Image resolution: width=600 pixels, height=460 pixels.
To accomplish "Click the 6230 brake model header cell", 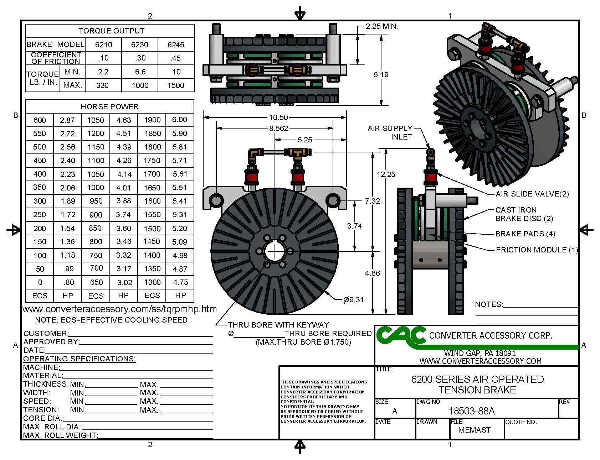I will [139, 45].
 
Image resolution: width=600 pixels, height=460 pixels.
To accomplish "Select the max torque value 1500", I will [176, 85].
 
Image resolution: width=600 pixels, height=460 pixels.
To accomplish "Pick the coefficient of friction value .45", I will [176, 58].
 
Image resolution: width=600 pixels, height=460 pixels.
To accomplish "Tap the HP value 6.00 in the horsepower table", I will [180, 120].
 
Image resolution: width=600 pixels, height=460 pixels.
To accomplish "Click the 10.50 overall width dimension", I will [278, 117].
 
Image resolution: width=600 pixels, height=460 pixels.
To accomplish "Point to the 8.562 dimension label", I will [278, 128].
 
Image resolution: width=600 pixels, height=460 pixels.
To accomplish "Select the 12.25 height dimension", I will [386, 174].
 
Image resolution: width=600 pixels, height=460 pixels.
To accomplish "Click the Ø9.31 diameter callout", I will [354, 300].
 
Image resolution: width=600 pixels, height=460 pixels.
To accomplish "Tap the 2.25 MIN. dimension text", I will [382, 26].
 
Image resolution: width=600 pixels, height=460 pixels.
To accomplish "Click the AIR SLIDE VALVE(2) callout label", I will [532, 194].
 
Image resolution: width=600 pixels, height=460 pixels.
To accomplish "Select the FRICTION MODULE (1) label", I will [537, 250].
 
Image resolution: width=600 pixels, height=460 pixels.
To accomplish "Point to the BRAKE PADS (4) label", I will [525, 234].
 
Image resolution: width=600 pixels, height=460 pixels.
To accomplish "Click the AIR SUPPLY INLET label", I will [390, 132].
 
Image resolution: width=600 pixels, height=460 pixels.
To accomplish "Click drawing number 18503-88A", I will [472, 411].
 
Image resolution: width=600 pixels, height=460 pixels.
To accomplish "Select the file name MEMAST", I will [474, 430].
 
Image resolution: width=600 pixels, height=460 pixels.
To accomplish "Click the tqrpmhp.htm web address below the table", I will [119, 309].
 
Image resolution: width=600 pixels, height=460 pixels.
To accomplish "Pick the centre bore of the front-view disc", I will [275, 251].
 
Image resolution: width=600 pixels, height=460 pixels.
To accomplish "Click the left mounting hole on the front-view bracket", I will [216, 200].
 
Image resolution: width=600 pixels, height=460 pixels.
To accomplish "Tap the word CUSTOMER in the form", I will [45, 334].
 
